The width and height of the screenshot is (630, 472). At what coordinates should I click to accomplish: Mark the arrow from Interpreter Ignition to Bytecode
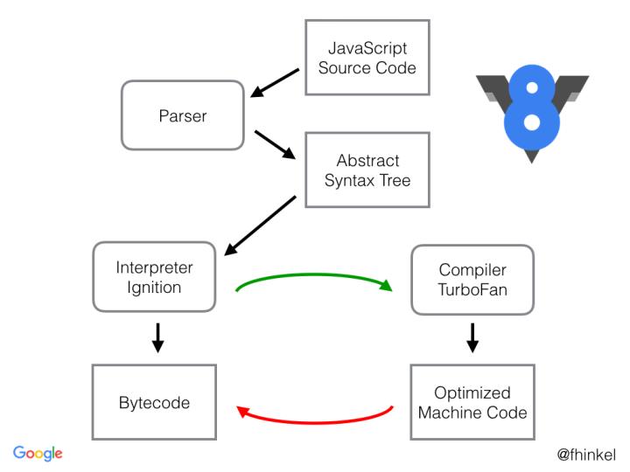coord(158,337)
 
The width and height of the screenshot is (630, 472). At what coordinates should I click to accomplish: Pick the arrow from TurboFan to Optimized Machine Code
coord(473,337)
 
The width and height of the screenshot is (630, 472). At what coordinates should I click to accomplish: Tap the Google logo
coord(38,451)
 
